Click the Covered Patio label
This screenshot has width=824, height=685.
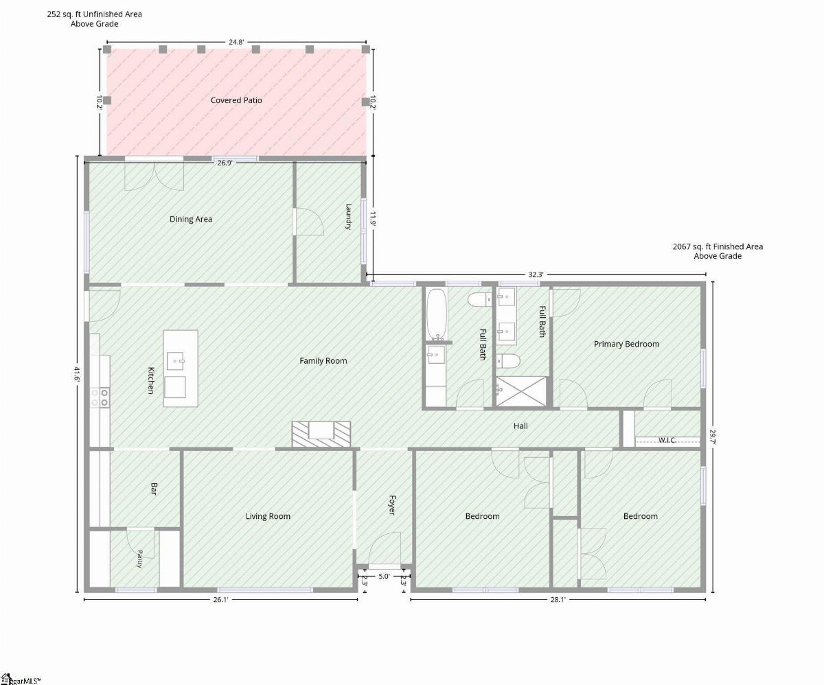236,100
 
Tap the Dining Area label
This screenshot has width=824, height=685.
191,219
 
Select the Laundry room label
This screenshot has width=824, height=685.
348,216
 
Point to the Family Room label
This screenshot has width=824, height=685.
323,360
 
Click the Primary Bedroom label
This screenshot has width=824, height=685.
626,344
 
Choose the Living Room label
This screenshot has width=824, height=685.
268,516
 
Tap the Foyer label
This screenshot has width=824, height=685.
392,504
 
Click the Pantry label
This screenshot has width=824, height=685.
139,559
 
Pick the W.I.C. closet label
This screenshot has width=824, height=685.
667,440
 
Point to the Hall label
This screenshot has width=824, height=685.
520,426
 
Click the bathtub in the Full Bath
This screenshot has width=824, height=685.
437,314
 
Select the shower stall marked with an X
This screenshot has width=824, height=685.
521,391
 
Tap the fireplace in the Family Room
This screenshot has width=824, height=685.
321,434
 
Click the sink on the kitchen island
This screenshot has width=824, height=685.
175,360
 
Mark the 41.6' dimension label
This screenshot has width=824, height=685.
77,374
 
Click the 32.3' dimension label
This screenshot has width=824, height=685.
536,275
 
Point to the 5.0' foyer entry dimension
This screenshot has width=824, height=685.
384,576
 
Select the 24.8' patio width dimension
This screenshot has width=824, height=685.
236,42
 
